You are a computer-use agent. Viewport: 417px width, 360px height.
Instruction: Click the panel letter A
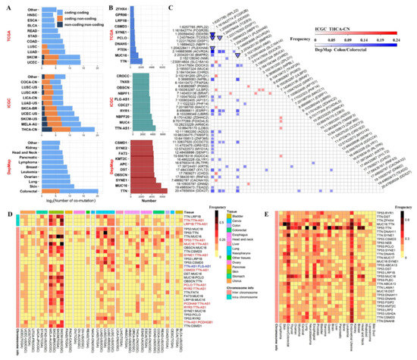[6, 5]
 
